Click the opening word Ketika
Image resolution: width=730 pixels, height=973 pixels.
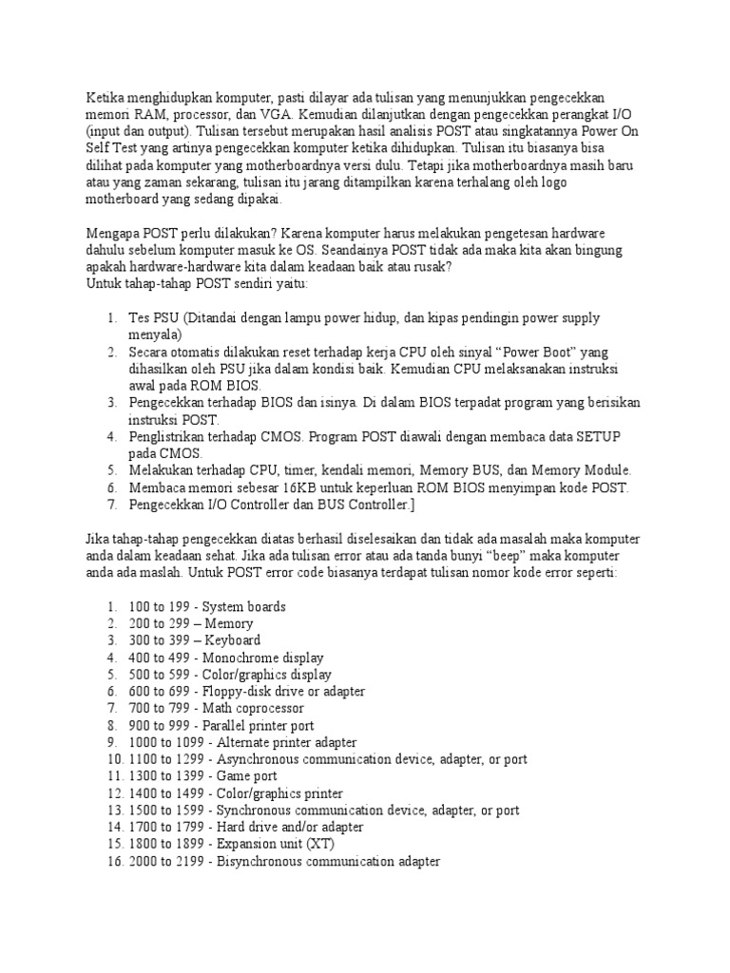click(x=106, y=99)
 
